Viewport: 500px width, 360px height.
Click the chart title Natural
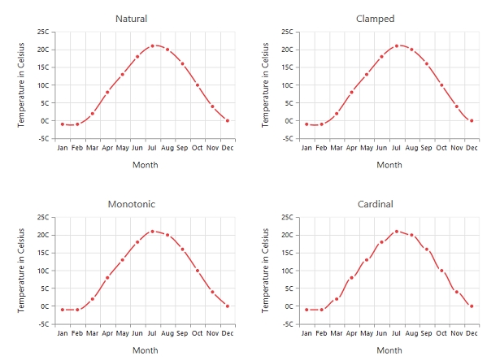(x=132, y=19)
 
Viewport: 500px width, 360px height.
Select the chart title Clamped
(x=376, y=19)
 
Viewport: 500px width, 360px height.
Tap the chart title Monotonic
(x=132, y=204)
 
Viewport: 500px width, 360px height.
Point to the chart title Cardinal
(x=376, y=204)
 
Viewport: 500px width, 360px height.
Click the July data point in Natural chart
(x=152, y=46)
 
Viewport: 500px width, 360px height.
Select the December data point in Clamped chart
(x=472, y=120)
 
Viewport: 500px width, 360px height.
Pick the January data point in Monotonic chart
(x=63, y=310)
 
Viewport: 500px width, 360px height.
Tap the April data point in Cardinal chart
(x=351, y=278)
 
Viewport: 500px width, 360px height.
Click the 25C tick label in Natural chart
(x=43, y=32)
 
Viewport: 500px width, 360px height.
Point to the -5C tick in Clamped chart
(x=287, y=138)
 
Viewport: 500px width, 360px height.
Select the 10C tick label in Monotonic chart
(x=43, y=271)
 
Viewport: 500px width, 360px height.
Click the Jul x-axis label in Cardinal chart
(x=397, y=333)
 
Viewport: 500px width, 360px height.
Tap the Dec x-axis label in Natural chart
(x=228, y=148)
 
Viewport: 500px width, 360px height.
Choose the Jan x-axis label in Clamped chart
(x=307, y=148)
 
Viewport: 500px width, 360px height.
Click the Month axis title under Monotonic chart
(x=146, y=350)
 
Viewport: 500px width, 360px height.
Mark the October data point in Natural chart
(x=198, y=85)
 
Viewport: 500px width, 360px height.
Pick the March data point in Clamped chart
(x=337, y=113)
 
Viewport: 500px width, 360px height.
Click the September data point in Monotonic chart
(x=182, y=249)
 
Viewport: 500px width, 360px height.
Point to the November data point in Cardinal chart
(x=456, y=291)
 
